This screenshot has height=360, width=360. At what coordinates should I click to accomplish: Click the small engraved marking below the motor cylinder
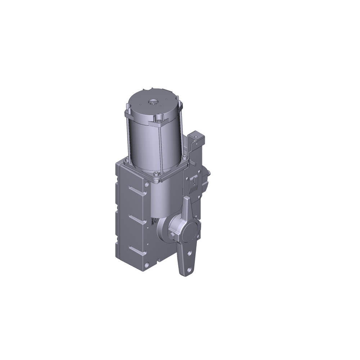click(154, 220)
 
